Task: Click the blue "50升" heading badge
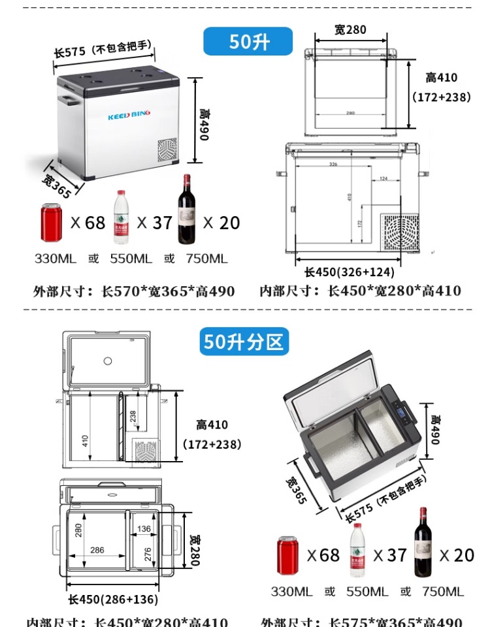point(249,41)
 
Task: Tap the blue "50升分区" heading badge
point(244,342)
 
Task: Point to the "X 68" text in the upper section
point(88,223)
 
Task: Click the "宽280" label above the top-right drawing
point(350,29)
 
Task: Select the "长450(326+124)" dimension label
point(353,272)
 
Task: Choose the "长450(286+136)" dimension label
point(113,599)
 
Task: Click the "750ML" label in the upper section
point(206,259)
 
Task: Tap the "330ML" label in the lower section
point(293,591)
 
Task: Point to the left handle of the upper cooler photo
point(66,99)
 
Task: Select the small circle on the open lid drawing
point(108,361)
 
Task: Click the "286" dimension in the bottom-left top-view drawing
point(97,550)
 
